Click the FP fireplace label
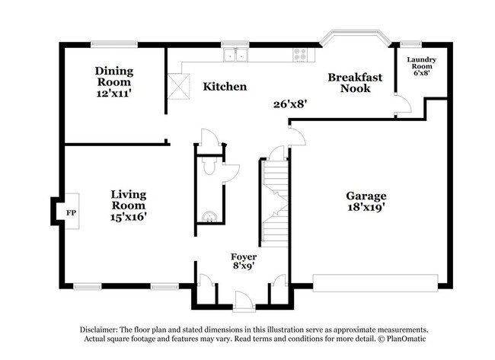tap(71, 213)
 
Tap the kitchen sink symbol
tap(235, 56)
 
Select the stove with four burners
tap(300, 55)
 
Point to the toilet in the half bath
tap(209, 166)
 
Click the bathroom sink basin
tap(209, 217)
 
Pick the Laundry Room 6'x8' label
tap(421, 66)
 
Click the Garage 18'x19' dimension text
tap(366, 207)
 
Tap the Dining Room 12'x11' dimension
tap(113, 93)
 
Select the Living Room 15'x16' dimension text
tap(129, 217)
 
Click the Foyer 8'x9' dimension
tap(244, 266)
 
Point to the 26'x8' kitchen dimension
tap(290, 104)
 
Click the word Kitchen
tap(225, 87)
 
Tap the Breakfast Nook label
tap(355, 82)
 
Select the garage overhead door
tap(375, 283)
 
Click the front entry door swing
tap(244, 301)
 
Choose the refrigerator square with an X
tap(178, 87)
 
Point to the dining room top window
tap(114, 44)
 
